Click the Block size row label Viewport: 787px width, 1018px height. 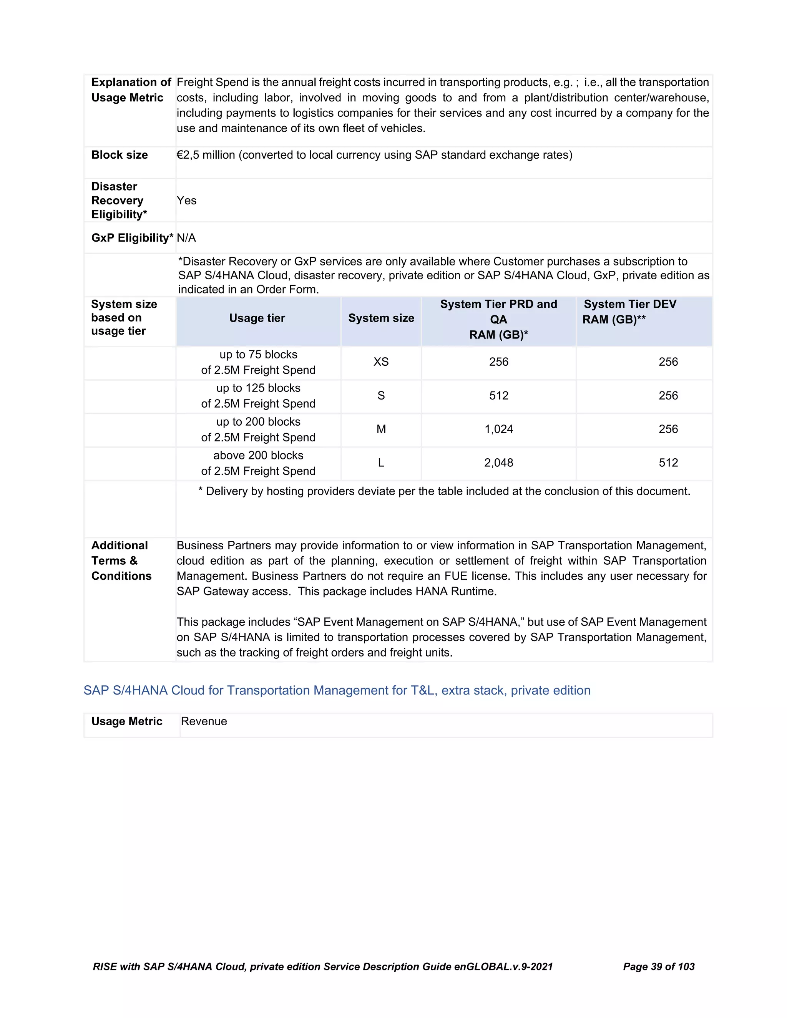point(120,155)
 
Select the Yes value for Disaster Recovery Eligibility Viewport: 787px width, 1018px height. point(186,201)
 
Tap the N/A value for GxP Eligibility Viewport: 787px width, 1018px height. point(186,238)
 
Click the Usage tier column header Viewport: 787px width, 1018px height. point(257,318)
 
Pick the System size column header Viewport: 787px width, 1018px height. point(381,318)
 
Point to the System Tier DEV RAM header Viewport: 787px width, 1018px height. point(629,312)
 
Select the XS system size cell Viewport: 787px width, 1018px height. point(381,362)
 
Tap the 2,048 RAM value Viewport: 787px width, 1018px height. point(498,463)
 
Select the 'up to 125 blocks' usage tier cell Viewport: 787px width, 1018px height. point(258,396)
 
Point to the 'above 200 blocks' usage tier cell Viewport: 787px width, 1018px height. point(258,463)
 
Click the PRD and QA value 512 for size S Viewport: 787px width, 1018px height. point(498,396)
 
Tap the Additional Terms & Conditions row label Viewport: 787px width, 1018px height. point(121,561)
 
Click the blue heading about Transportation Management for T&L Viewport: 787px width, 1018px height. point(337,690)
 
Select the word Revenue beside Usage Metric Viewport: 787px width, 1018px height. point(204,721)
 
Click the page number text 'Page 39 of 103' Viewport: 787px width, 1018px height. point(658,966)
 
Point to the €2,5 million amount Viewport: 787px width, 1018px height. point(206,155)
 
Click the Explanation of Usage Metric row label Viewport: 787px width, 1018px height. point(131,90)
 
